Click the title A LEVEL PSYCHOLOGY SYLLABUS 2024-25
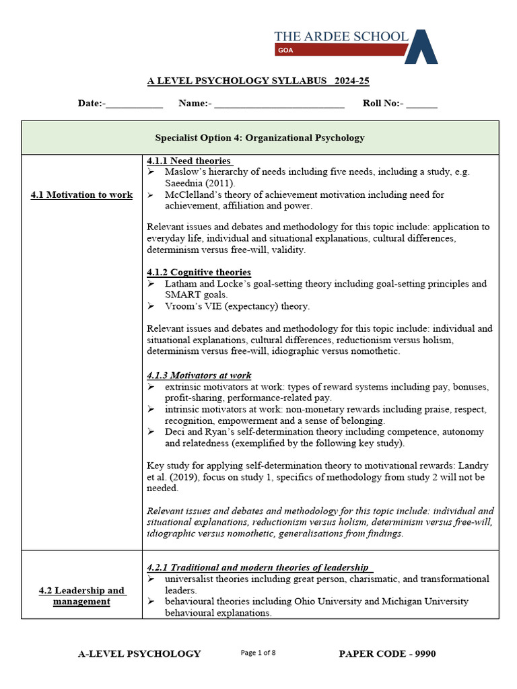tap(258, 81)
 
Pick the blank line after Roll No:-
tap(421, 104)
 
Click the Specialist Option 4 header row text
tap(260, 138)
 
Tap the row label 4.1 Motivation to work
tap(81, 195)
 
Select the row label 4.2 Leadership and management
tap(81, 595)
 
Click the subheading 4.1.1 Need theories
tap(189, 161)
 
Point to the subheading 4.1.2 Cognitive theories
tap(199, 272)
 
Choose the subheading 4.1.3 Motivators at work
tap(199, 375)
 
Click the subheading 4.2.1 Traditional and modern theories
tap(259, 567)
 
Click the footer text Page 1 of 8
tap(258, 653)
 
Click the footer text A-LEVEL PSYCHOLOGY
tap(139, 653)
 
